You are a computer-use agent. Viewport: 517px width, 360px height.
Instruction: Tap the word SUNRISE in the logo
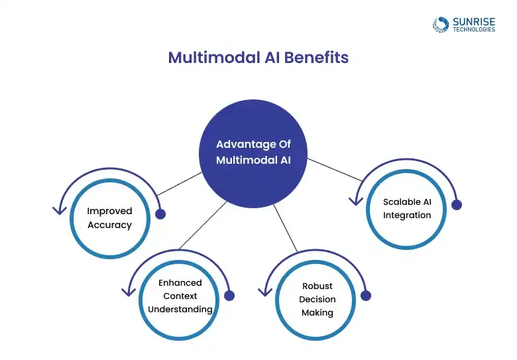click(x=473, y=21)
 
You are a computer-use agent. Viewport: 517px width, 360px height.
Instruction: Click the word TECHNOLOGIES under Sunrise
click(x=473, y=30)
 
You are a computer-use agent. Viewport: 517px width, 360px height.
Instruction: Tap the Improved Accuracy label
click(x=110, y=217)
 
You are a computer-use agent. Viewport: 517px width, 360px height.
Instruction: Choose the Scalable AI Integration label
click(x=407, y=208)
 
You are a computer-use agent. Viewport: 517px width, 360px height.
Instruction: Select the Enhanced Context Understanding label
click(x=180, y=296)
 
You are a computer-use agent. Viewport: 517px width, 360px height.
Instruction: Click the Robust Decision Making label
click(x=317, y=299)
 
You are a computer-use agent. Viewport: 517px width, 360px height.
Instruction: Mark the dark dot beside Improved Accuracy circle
click(x=160, y=214)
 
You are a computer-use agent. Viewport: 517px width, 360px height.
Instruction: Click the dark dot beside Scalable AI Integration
click(x=456, y=205)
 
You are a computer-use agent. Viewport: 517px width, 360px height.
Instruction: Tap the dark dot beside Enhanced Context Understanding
click(x=230, y=296)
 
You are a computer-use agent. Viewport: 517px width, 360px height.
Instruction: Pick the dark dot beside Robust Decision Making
click(x=366, y=296)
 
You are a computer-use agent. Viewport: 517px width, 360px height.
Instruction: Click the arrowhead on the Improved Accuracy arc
click(x=59, y=210)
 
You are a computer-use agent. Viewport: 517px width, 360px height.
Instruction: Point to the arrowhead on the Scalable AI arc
click(x=356, y=202)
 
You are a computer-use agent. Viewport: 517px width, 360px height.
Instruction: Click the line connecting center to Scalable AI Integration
click(x=335, y=169)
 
